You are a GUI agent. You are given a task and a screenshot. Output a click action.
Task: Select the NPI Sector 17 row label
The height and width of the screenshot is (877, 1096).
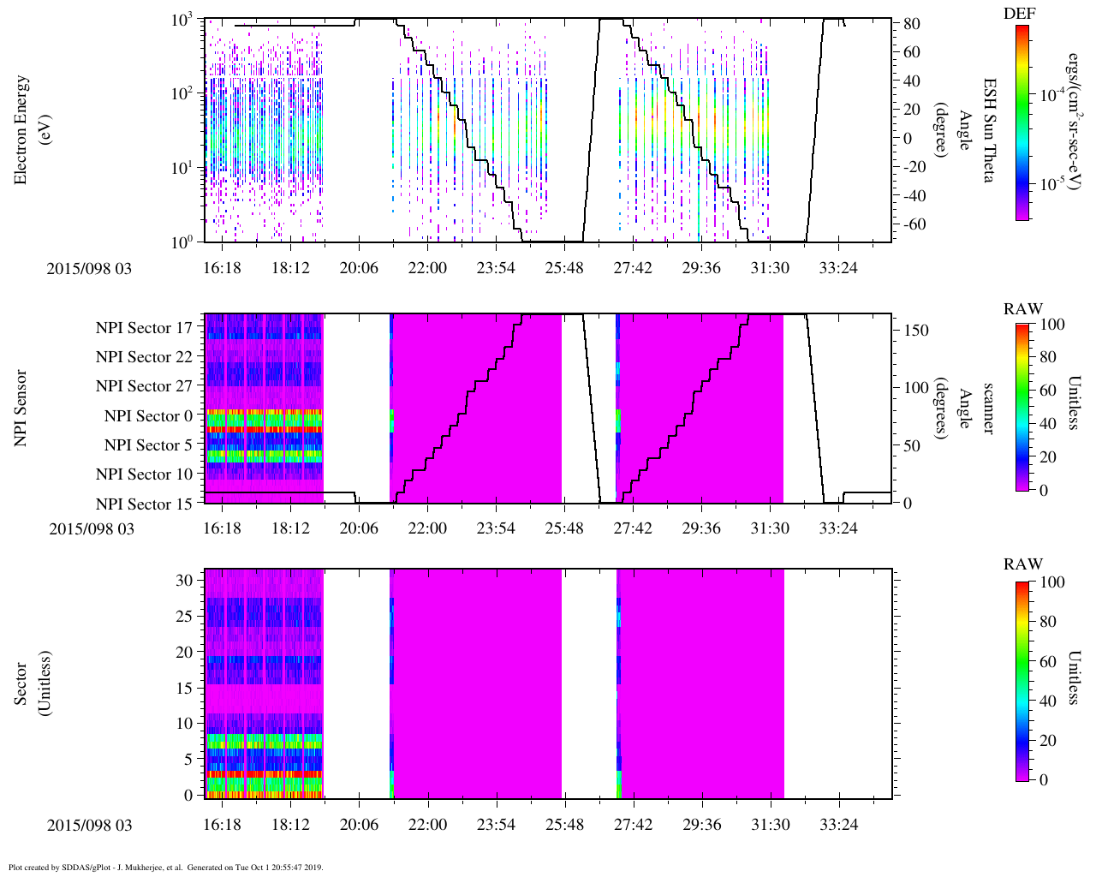tap(144, 328)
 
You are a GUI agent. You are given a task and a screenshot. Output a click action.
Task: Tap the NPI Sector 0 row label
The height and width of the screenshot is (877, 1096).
tap(148, 416)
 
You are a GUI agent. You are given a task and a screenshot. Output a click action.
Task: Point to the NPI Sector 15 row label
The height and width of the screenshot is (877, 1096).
tap(144, 504)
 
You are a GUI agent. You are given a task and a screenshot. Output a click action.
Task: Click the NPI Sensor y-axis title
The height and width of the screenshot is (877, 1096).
tap(21, 408)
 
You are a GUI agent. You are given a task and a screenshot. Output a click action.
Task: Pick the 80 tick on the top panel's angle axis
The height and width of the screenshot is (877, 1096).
tap(911, 24)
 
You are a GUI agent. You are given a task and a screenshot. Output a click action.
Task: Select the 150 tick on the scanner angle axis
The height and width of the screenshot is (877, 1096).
tap(916, 330)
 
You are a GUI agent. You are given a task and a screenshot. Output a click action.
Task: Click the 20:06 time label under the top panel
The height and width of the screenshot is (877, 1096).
tap(358, 269)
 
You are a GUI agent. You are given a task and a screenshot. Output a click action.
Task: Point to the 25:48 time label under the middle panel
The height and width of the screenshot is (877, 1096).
tap(563, 528)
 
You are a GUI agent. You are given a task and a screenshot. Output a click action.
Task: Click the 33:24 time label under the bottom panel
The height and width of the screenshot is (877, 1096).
tap(837, 825)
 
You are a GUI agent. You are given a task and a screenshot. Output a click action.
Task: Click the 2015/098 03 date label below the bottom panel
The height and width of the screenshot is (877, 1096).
tap(90, 826)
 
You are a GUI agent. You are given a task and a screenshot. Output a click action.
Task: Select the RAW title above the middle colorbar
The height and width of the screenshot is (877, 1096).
tap(1023, 309)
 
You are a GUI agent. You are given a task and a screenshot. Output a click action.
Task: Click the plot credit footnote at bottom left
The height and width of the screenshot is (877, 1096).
tap(165, 867)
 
